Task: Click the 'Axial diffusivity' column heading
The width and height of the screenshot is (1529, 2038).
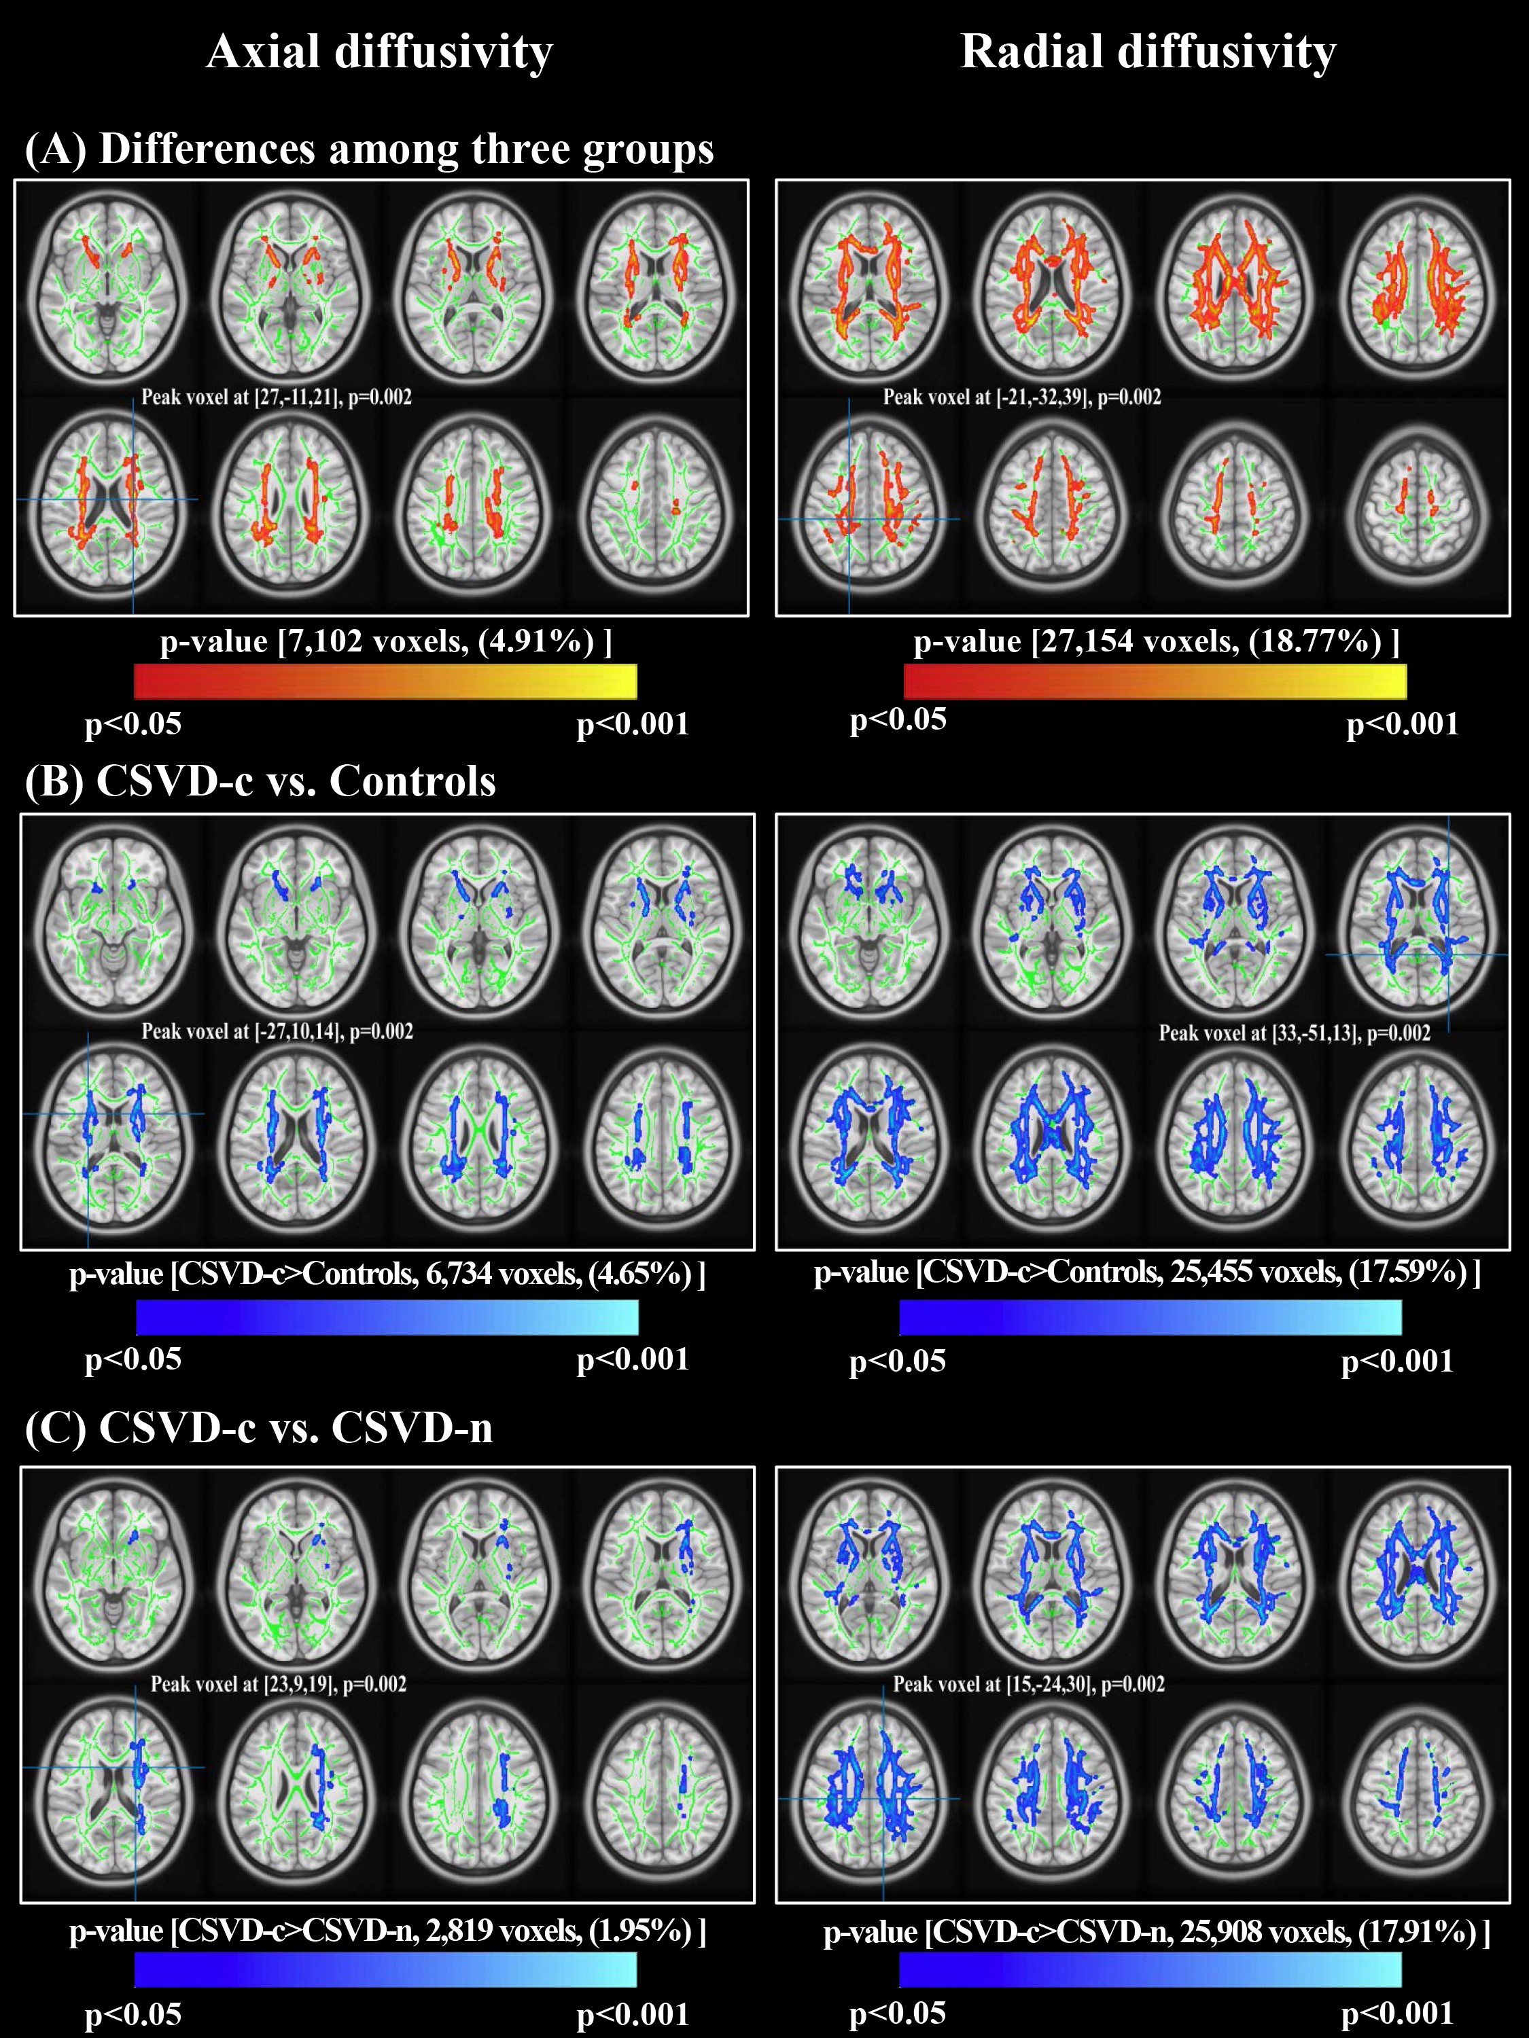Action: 379,52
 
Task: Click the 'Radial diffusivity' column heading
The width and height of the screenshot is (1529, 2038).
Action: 1148,52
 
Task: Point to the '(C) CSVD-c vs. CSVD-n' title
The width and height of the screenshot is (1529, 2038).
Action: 259,1428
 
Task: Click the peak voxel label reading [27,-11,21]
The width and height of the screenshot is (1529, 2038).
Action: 277,397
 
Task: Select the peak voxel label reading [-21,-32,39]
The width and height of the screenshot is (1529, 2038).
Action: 1022,397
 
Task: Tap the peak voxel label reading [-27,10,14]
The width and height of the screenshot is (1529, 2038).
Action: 277,1031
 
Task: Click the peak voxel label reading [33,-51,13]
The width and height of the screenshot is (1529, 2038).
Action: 1294,1033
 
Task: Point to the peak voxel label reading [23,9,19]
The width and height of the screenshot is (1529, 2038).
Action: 279,1683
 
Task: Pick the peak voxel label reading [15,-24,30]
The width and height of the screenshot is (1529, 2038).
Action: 1029,1683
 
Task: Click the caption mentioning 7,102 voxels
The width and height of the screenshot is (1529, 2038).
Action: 385,641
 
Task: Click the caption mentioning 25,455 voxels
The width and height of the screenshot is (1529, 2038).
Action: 1146,1272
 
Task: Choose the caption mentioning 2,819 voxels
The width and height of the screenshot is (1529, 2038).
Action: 387,1930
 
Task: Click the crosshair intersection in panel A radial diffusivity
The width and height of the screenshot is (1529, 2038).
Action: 849,519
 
